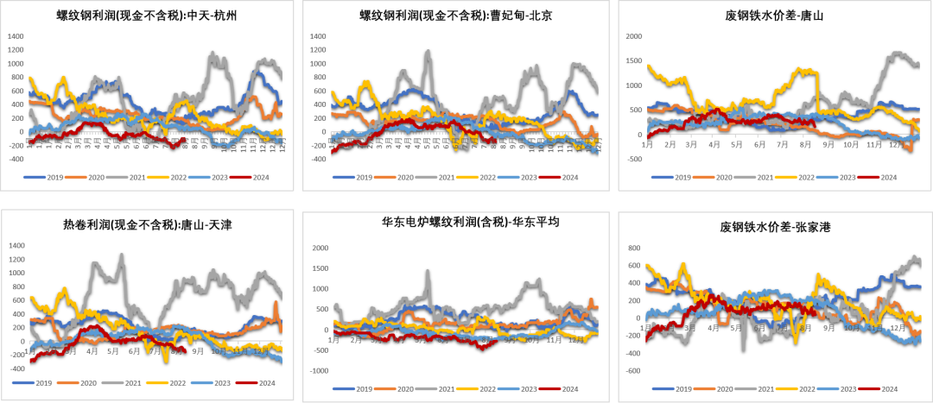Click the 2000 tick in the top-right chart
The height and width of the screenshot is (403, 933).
tap(632, 36)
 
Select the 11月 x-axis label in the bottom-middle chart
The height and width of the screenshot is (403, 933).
tap(553, 340)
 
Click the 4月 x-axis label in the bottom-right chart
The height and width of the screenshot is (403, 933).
tap(713, 329)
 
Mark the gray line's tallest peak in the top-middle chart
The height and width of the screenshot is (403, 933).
tap(428, 51)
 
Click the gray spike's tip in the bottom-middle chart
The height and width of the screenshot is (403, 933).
tap(428, 270)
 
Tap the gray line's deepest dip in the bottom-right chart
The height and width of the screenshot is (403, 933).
tap(744, 349)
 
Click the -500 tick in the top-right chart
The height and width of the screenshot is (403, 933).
tap(632, 160)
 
